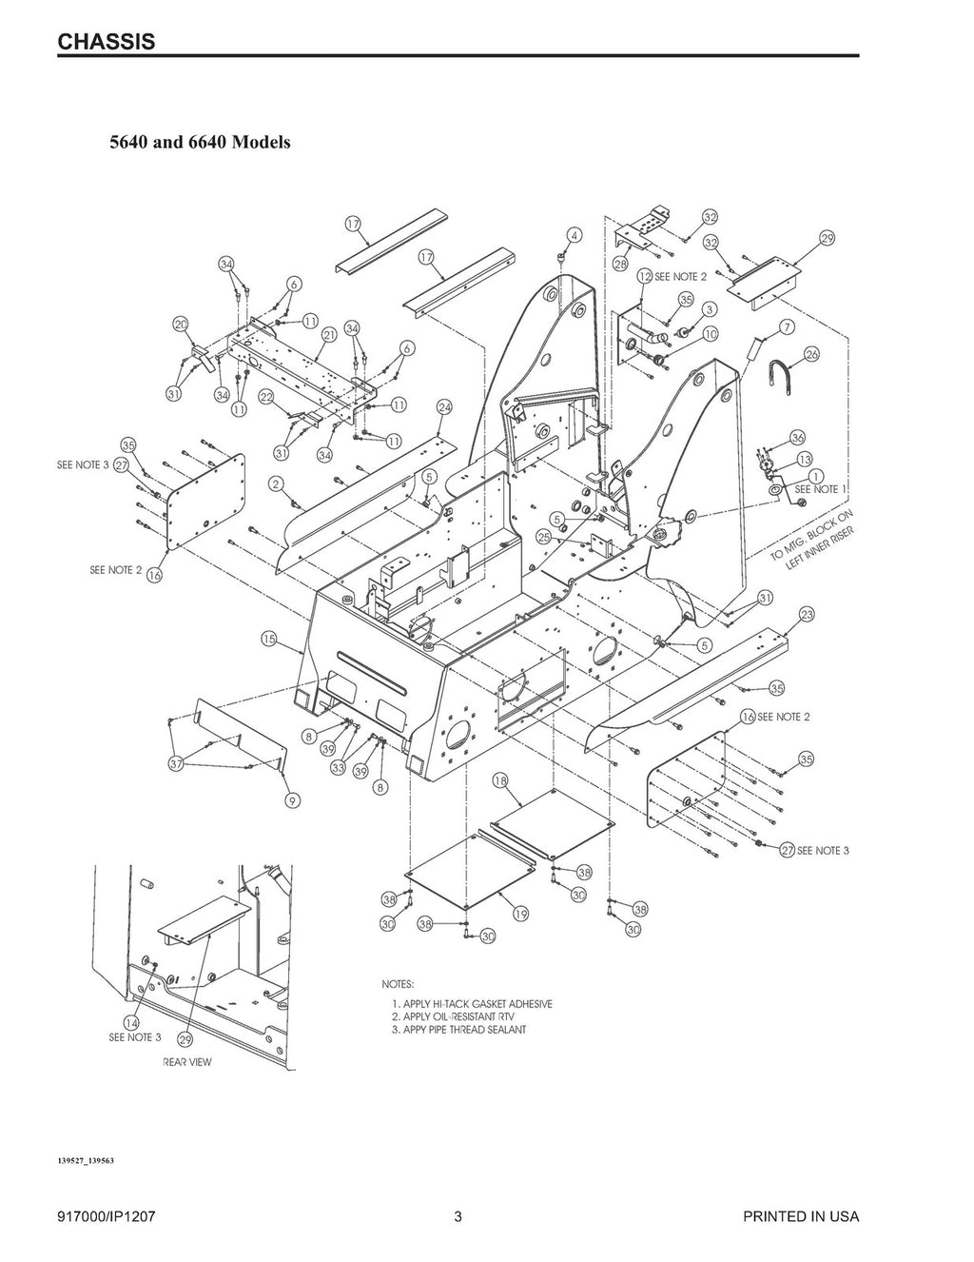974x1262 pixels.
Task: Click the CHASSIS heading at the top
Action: [107, 42]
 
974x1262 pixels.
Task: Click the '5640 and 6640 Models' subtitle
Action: [200, 143]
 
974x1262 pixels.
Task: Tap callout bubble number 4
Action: [575, 234]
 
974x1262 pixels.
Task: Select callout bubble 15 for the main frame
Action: [269, 640]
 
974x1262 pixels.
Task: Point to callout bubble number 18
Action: [499, 781]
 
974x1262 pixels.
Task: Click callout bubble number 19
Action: [520, 914]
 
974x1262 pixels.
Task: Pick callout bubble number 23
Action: [807, 614]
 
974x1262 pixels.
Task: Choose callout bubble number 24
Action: [444, 407]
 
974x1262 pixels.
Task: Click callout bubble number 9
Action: [293, 800]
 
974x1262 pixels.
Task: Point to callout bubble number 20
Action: [180, 325]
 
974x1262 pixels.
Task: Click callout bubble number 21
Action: [329, 335]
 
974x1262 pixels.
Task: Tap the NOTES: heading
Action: [398, 984]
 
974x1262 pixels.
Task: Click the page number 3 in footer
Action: [458, 1217]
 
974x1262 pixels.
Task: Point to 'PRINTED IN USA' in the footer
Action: [802, 1217]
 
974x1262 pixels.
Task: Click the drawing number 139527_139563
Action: [86, 1161]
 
